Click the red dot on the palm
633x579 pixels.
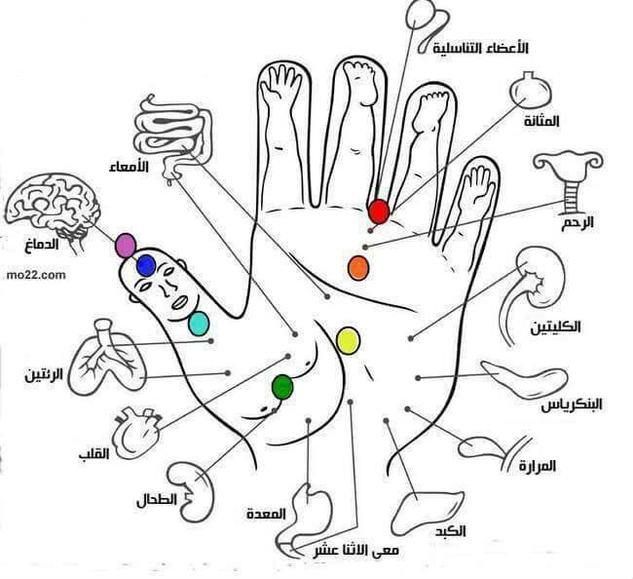tap(379, 212)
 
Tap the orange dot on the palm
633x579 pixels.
tap(358, 268)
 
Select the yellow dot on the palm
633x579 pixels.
tap(348, 341)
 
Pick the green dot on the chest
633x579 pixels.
tap(282, 387)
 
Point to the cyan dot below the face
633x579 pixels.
tap(199, 324)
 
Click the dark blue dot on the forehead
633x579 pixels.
tap(146, 266)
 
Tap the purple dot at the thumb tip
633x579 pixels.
tap(126, 246)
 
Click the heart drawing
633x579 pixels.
tap(137, 432)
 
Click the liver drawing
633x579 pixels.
tap(427, 513)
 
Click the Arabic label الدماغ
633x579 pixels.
tap(42, 245)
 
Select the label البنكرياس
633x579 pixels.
tap(572, 405)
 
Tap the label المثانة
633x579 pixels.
tap(541, 121)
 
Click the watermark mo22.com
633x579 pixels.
tap(36, 275)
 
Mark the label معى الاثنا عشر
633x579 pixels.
tap(356, 551)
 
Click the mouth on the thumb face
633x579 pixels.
tap(180, 302)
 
